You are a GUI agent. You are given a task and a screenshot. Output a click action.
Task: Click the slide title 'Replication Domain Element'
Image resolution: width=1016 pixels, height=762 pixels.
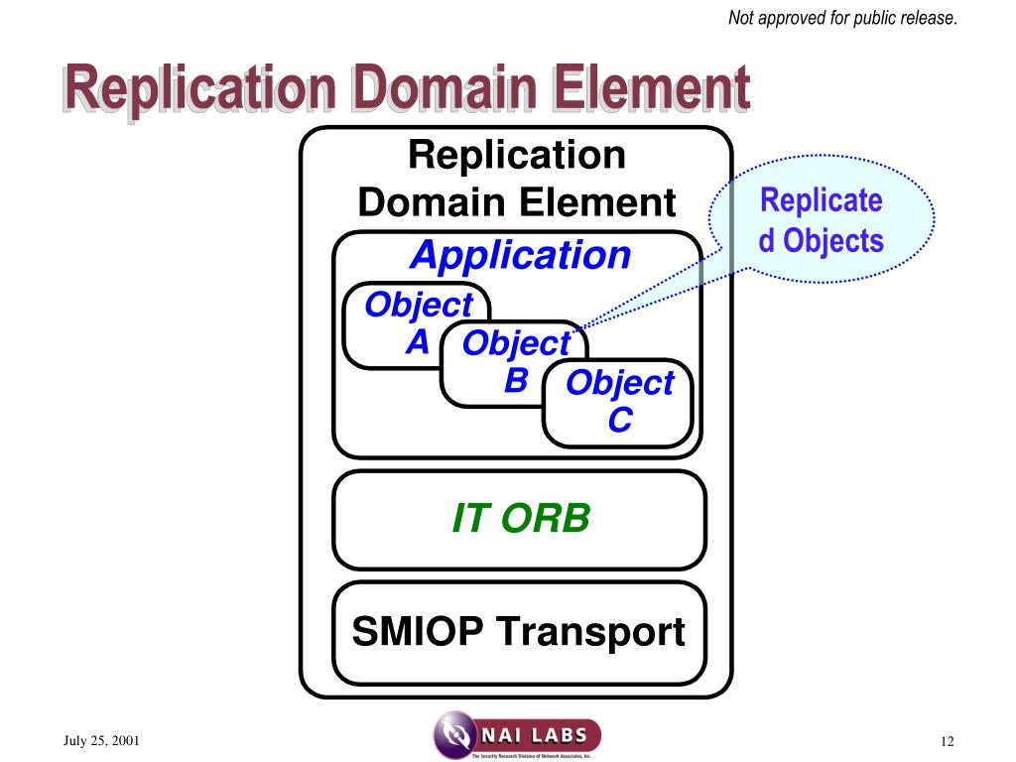click(408, 89)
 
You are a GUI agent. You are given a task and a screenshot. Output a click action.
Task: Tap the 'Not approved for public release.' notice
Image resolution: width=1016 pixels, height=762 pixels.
click(842, 18)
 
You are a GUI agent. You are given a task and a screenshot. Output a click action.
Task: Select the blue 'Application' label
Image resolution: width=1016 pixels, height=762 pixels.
click(521, 255)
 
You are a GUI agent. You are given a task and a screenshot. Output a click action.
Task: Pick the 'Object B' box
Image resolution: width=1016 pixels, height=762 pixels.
click(511, 361)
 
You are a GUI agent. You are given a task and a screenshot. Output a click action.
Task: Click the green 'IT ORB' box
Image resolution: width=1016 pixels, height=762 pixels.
click(520, 518)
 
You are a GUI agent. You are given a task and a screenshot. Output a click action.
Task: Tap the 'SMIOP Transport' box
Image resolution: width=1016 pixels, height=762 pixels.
click(519, 632)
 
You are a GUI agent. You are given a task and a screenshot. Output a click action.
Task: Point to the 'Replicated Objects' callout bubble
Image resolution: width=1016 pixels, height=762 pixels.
click(821, 220)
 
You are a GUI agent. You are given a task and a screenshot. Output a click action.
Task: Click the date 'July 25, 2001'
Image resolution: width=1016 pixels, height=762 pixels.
click(102, 741)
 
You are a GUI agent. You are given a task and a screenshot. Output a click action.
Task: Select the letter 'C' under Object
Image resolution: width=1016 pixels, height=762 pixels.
click(619, 421)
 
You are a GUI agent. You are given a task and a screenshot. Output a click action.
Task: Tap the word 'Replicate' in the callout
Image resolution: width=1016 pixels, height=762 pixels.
click(821, 200)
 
